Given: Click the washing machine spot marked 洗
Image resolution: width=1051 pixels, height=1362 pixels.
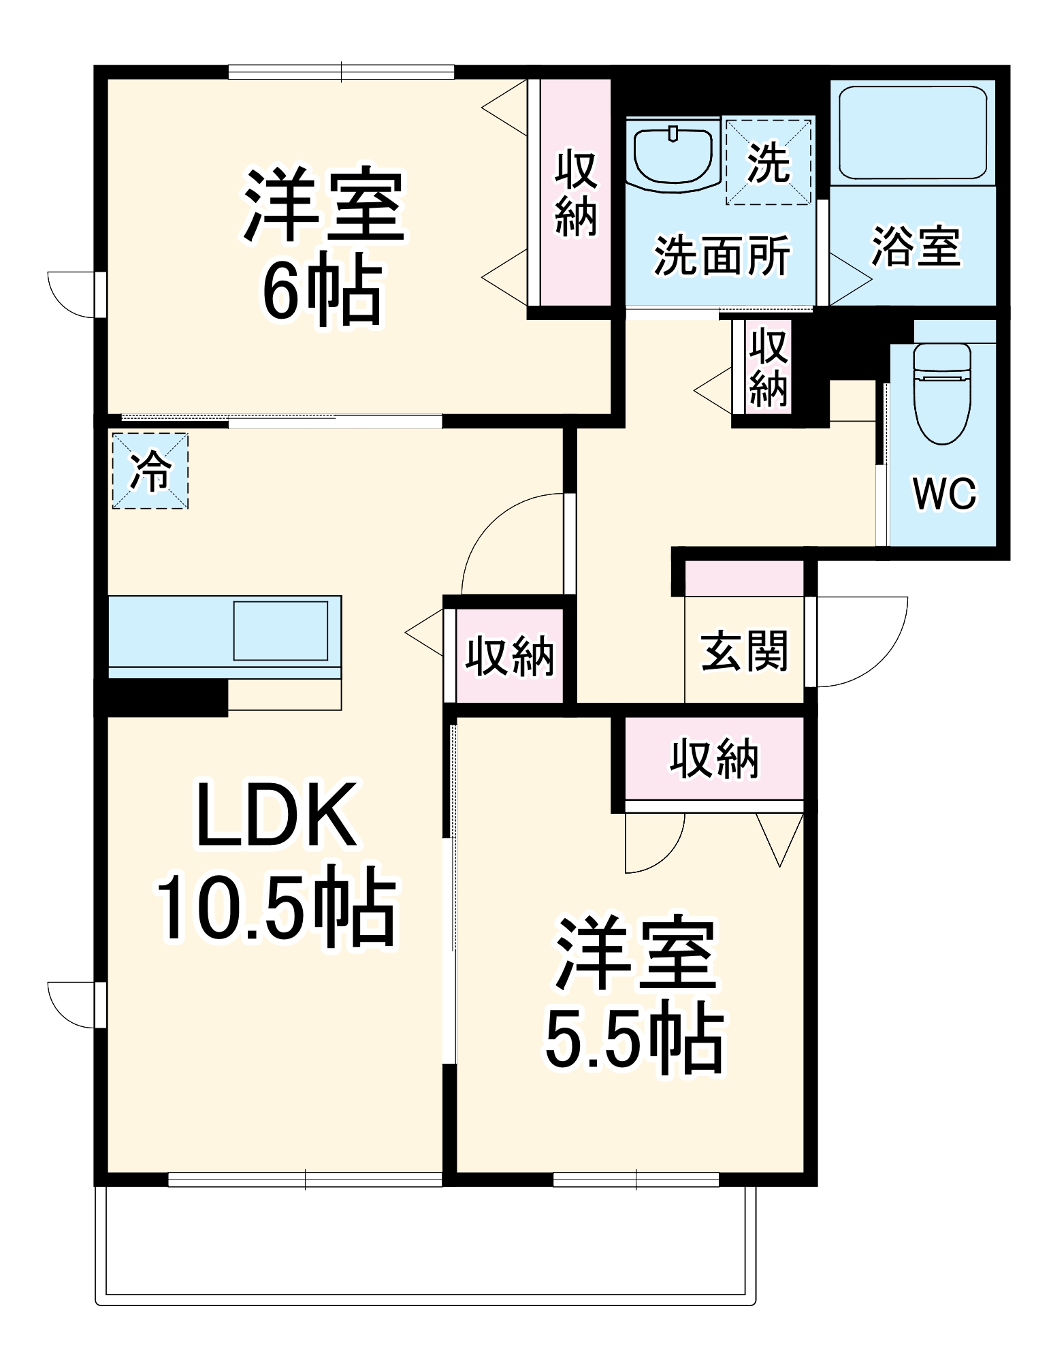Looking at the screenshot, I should click(769, 162).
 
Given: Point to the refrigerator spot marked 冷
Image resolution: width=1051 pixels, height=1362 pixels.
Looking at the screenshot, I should click(150, 471).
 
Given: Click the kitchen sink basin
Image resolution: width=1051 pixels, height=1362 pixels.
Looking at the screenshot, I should click(280, 631).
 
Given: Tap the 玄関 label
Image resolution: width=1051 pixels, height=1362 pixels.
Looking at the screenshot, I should click(744, 651).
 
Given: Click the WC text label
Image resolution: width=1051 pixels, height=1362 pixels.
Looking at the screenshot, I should click(944, 493).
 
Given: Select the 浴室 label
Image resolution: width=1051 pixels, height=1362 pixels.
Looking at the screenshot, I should click(916, 247).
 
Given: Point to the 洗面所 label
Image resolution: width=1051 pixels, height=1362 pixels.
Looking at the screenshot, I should click(722, 256).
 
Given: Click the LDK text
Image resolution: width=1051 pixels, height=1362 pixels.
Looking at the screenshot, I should click(276, 815).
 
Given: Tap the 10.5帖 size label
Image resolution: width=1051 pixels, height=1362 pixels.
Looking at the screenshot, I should click(276, 906).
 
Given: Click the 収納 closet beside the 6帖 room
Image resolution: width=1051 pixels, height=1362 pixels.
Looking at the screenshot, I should click(576, 194).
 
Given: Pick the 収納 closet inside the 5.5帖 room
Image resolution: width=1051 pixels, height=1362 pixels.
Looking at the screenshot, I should click(714, 758).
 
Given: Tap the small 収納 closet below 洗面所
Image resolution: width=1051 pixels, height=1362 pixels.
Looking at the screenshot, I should click(769, 367).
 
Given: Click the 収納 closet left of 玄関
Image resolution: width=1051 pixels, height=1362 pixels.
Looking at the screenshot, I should click(509, 656).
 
